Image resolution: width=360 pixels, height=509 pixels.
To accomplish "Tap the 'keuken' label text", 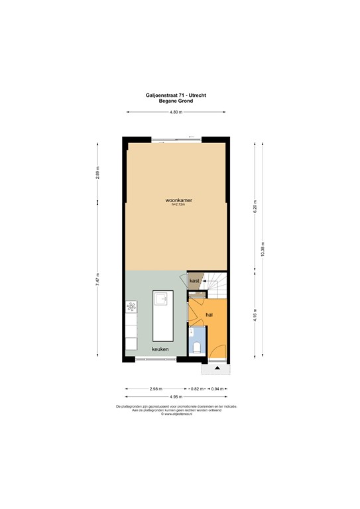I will point(160,349).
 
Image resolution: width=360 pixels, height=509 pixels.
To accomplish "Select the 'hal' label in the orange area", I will point(209,315).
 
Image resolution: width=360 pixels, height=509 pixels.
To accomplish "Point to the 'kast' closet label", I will point(195,281).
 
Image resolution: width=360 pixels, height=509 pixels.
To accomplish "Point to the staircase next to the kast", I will point(216,284).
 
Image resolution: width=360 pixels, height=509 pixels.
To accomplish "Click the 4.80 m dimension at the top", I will point(175,113).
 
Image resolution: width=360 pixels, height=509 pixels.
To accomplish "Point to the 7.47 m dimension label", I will point(97,279).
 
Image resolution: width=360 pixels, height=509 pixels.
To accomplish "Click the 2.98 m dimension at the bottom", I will point(156,388).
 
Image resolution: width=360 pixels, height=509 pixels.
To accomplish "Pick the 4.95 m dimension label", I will point(175,398).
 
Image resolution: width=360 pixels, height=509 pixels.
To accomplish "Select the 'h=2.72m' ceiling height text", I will point(177,205).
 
